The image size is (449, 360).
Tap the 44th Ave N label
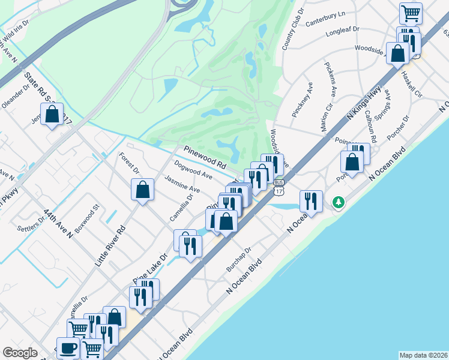(58, 224)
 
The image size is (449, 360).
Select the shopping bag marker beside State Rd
(52, 113)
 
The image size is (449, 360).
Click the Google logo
(20, 353)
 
